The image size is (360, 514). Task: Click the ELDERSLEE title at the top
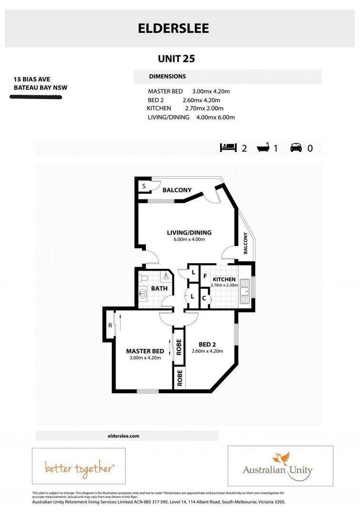[x=173, y=29]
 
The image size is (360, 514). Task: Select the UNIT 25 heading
[x=177, y=59]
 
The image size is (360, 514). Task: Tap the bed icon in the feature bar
[x=228, y=148]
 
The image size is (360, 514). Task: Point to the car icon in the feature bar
[x=296, y=148]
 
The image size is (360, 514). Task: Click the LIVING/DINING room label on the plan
[x=189, y=233]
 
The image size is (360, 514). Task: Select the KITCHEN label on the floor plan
[x=224, y=279]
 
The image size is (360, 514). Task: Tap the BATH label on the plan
[x=159, y=288]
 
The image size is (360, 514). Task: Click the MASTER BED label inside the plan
[x=145, y=351]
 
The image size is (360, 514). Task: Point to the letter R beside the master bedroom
[x=110, y=326]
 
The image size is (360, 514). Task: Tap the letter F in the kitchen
[x=205, y=276]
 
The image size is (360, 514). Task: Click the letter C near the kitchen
[x=204, y=299]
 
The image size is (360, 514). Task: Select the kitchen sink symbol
[x=246, y=290]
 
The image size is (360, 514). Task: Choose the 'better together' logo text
[x=79, y=468]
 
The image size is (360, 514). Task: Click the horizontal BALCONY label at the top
[x=177, y=190]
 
